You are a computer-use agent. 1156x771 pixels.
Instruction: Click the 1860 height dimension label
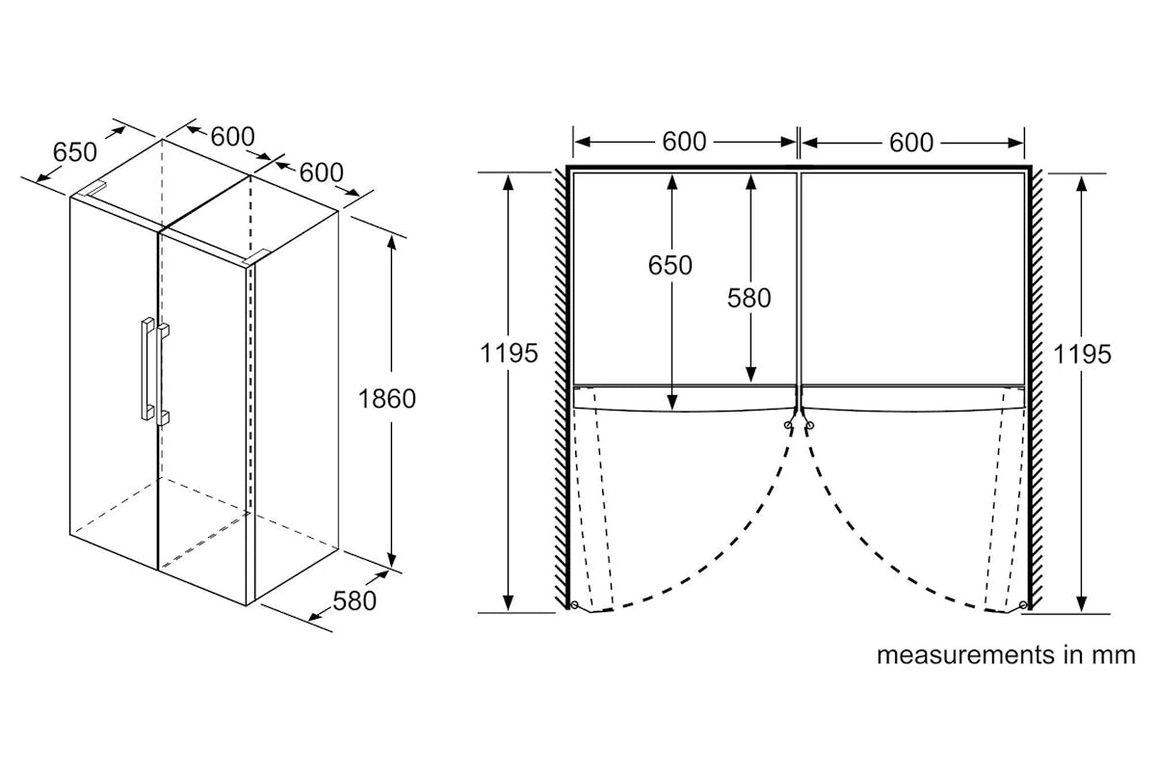pyautogui.click(x=386, y=399)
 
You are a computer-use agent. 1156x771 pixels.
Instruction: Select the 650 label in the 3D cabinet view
pyautogui.click(x=75, y=152)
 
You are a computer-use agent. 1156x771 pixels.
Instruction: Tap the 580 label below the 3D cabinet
pyautogui.click(x=355, y=601)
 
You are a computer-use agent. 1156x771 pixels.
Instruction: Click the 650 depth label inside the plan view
pyautogui.click(x=670, y=265)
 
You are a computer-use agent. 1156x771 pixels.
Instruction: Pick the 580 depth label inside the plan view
pyautogui.click(x=749, y=298)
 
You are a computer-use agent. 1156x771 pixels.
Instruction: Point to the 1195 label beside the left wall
pyautogui.click(x=509, y=354)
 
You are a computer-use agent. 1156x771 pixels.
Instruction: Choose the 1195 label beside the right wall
pyautogui.click(x=1082, y=355)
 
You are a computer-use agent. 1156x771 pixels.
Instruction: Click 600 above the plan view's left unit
pyautogui.click(x=684, y=142)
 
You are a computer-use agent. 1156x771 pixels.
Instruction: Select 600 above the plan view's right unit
pyautogui.click(x=911, y=142)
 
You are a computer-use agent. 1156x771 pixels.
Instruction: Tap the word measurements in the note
pyautogui.click(x=965, y=655)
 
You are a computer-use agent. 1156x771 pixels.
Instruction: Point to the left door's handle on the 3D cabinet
pyautogui.click(x=147, y=368)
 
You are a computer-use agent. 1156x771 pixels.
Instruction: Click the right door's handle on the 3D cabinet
pyautogui.click(x=163, y=375)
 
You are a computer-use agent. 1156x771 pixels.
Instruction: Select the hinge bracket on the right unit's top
pyautogui.click(x=256, y=256)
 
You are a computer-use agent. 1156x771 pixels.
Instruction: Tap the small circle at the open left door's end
pyautogui.click(x=574, y=604)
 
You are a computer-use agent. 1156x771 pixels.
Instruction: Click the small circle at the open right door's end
pyautogui.click(x=1023, y=604)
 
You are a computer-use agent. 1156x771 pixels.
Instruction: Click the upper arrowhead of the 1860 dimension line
pyautogui.click(x=392, y=242)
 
